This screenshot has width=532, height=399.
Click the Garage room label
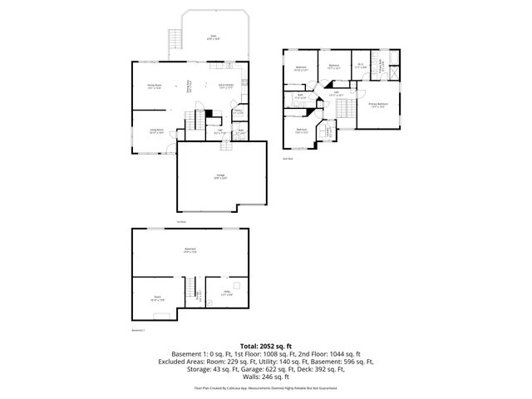(x=220, y=175)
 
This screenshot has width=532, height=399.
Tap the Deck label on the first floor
(x=213, y=37)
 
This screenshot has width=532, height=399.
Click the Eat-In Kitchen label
(x=225, y=86)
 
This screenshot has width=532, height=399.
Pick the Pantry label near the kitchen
(x=238, y=111)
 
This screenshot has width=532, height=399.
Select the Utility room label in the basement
(x=227, y=292)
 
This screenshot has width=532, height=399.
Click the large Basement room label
(x=190, y=249)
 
